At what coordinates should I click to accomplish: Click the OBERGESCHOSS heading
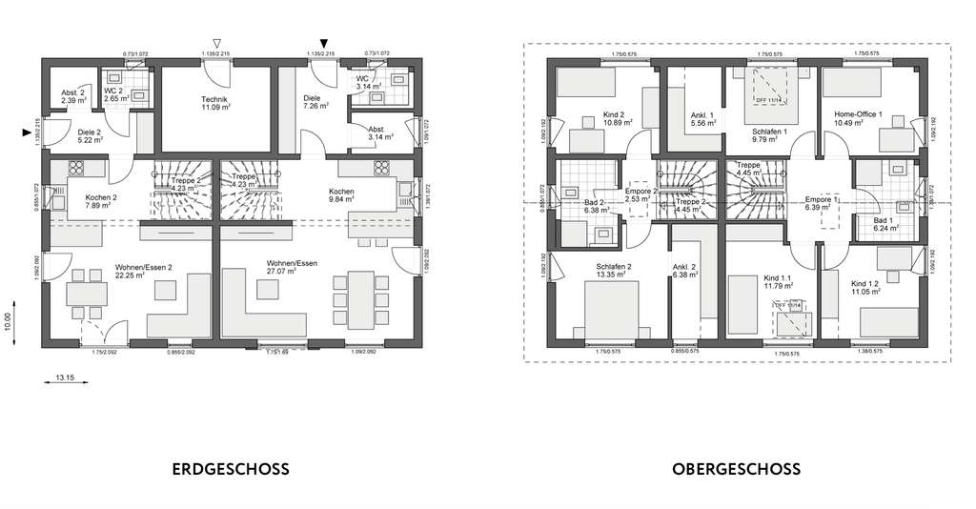[736, 469]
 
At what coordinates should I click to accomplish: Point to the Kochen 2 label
[87, 196]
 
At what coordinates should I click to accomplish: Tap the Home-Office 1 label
[859, 114]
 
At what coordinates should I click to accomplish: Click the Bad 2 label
[593, 203]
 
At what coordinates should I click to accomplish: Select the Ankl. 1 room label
[701, 115]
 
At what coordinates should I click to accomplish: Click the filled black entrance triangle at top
[325, 43]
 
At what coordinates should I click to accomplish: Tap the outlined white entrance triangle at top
[218, 43]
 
